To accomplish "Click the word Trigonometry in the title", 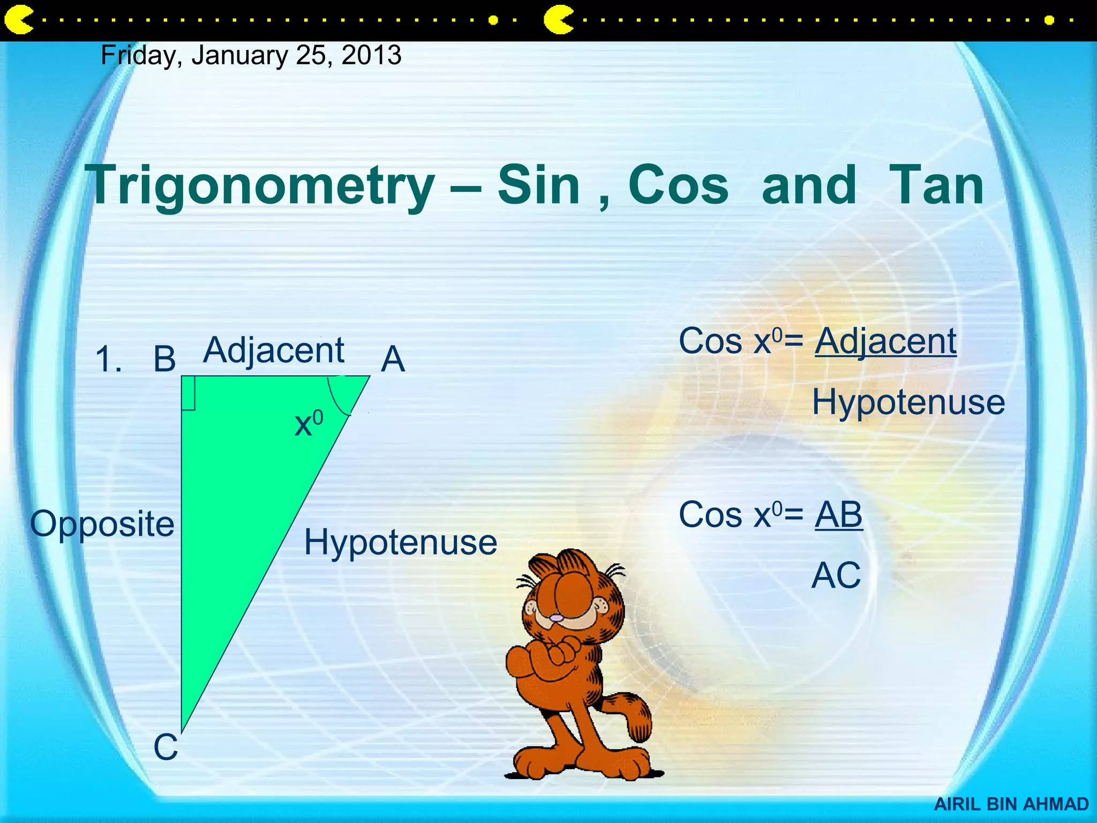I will [x=261, y=186].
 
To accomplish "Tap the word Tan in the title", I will [x=936, y=185].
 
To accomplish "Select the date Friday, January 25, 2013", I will [x=251, y=56].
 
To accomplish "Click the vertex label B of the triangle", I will [x=164, y=359].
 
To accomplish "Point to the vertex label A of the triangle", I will [x=393, y=359].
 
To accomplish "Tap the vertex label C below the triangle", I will [x=166, y=747].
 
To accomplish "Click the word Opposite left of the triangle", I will [x=102, y=524].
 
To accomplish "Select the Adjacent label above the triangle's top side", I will [x=274, y=351].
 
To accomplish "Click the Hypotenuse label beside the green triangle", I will [x=401, y=542].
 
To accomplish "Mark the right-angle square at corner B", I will [x=188, y=393].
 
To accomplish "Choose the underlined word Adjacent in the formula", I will [x=886, y=341].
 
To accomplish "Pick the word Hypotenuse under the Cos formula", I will [x=908, y=402].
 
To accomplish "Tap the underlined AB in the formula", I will [x=839, y=514].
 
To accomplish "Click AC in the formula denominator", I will [x=836, y=575].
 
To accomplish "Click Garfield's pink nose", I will [x=557, y=618].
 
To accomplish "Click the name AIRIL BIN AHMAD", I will [x=1011, y=804].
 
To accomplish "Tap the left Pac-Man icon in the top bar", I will [x=18, y=20].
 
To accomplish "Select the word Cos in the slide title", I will [x=678, y=185].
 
